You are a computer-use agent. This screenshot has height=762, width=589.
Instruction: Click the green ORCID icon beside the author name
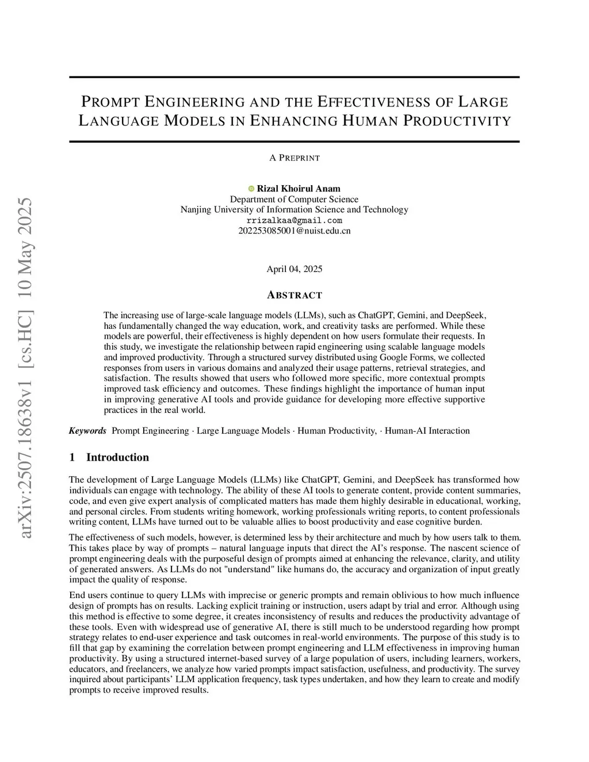click(251, 189)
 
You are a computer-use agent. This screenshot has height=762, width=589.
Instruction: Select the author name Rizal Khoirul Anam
click(299, 189)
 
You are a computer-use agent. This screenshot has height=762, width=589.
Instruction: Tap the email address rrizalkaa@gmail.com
click(294, 220)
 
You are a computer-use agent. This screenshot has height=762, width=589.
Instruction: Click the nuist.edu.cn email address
click(294, 231)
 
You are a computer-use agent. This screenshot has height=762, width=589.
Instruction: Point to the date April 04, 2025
click(294, 269)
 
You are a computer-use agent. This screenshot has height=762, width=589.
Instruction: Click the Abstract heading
click(294, 295)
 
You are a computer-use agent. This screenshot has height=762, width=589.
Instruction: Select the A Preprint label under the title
click(294, 158)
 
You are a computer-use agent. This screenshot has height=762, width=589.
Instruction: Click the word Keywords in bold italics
click(87, 431)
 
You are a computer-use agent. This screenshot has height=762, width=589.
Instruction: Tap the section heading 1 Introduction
click(109, 457)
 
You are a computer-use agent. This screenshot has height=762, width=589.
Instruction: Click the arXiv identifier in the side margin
click(26, 368)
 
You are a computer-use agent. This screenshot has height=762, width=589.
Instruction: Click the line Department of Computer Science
click(294, 199)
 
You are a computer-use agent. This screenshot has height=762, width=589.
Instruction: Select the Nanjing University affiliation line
click(294, 209)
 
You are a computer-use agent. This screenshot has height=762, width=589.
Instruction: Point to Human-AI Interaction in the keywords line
click(427, 431)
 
